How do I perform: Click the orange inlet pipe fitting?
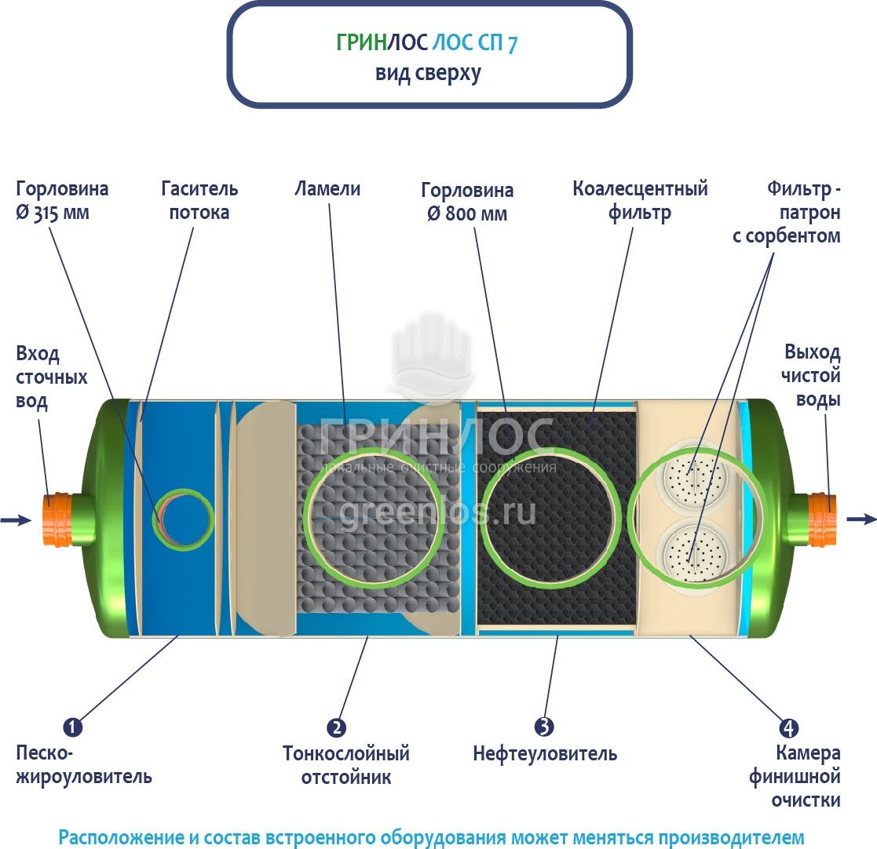57,519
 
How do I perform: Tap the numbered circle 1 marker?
72,727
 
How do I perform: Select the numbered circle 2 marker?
336,727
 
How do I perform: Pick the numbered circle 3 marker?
544,727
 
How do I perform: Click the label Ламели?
327,189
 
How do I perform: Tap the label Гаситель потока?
199,201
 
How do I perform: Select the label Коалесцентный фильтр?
640,201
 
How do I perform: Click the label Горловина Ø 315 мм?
62,201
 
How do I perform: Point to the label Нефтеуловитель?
545,755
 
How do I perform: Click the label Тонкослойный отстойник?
346,766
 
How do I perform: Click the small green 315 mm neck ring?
185,520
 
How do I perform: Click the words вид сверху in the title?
428,74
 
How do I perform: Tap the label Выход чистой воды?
812,376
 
